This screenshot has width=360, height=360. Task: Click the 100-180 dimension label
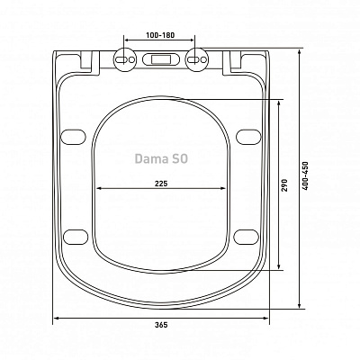(x=158, y=35)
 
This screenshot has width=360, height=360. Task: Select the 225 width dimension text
(x=160, y=183)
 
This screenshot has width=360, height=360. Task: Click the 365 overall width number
(x=161, y=326)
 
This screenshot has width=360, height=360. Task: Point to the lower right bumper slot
(x=248, y=236)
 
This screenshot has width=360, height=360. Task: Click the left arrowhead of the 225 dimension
(x=97, y=189)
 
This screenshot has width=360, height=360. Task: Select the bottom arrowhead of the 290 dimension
(x=283, y=267)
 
